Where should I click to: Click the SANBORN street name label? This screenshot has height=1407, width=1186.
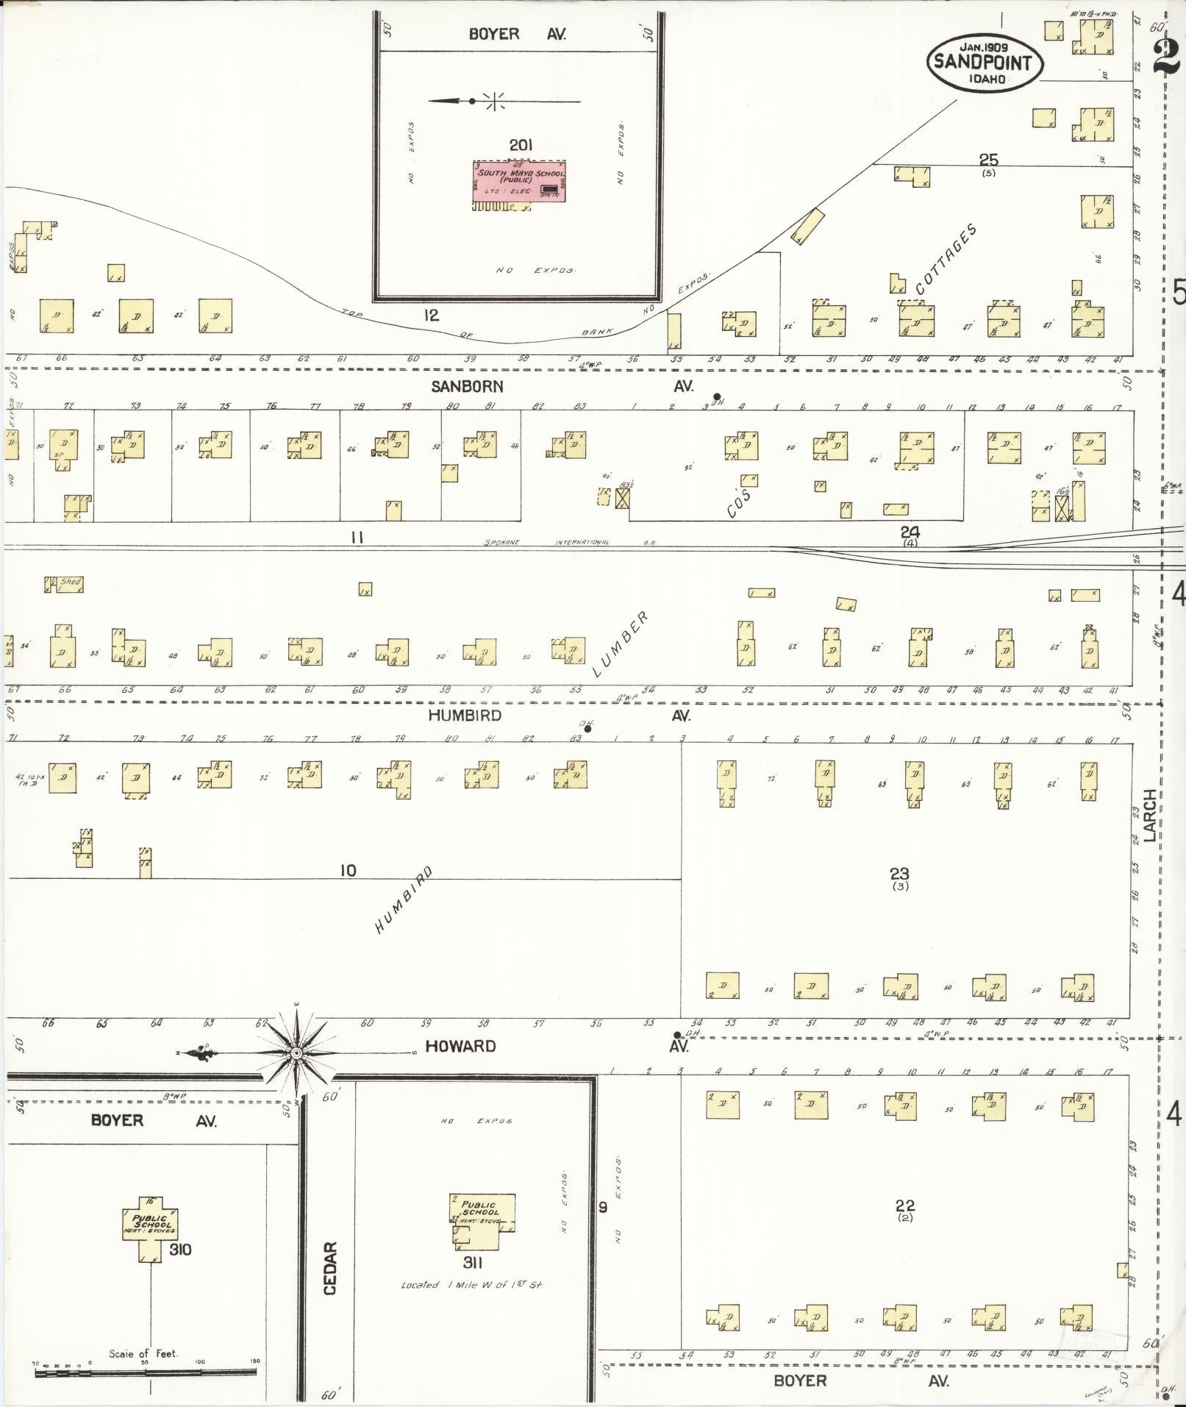tap(468, 387)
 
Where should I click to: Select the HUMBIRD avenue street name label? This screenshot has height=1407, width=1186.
tap(466, 716)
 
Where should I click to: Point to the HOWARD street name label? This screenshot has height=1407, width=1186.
tap(461, 1046)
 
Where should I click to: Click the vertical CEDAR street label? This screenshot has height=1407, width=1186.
tap(330, 1268)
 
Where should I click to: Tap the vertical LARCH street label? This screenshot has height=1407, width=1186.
tap(1150, 814)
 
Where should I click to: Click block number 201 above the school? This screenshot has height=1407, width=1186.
tap(521, 146)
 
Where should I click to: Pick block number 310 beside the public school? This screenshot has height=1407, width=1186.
tap(180, 1250)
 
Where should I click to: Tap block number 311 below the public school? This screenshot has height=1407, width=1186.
tap(473, 1263)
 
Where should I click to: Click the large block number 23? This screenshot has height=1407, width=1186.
tap(900, 874)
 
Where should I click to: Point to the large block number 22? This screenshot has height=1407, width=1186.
tap(905, 1205)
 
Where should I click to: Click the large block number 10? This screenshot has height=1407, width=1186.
tap(348, 871)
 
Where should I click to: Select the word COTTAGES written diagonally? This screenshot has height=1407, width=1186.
tap(946, 259)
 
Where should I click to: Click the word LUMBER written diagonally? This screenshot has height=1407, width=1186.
tap(621, 644)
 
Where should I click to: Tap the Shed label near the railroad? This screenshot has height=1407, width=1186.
tap(70, 582)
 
